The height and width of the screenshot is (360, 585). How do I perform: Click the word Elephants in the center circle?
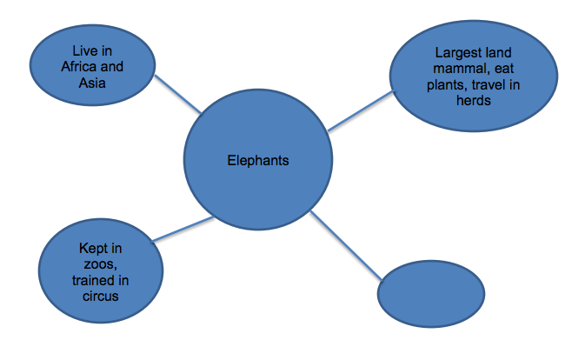[257, 160]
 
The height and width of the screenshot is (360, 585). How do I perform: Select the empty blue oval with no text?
[431, 293]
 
